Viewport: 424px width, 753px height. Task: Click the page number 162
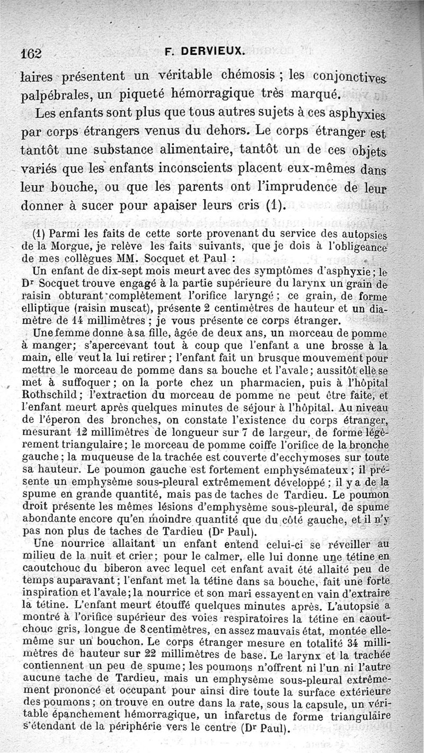pos(31,53)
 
